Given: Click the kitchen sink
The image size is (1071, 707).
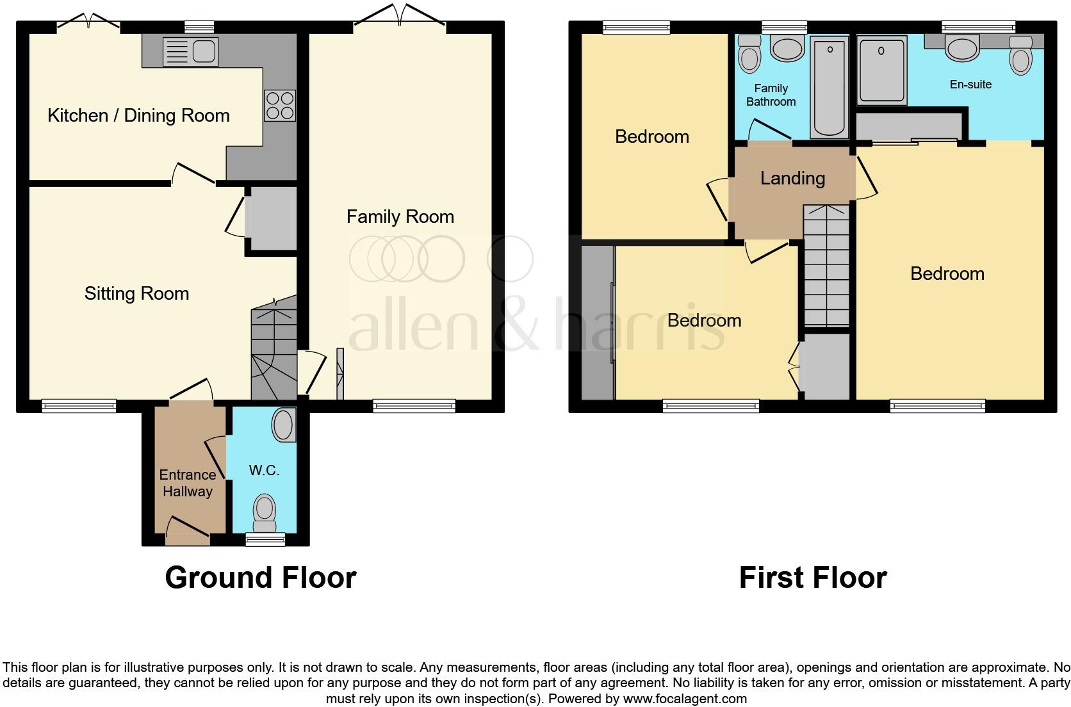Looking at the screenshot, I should [191, 51].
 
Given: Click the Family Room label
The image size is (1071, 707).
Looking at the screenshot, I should [400, 217].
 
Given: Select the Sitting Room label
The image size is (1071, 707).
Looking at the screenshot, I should [136, 294].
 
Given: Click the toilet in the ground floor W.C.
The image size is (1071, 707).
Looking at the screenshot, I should [264, 512].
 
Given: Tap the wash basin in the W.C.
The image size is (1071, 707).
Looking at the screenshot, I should [284, 425].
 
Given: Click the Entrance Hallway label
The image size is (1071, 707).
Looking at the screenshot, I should [187, 484].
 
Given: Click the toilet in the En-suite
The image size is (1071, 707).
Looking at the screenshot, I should [1020, 56].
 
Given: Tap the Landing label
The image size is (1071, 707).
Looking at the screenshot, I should [792, 179].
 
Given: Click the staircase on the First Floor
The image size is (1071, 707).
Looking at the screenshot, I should [826, 266].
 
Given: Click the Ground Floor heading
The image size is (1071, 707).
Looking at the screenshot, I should [260, 578].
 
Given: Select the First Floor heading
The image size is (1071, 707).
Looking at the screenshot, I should [812, 578].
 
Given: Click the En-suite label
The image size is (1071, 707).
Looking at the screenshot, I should [970, 85].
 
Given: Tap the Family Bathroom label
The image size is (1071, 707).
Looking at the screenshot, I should [771, 95].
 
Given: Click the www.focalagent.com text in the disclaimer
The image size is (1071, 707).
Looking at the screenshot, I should [685, 699].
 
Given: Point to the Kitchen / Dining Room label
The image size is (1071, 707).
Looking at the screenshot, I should [138, 116].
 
